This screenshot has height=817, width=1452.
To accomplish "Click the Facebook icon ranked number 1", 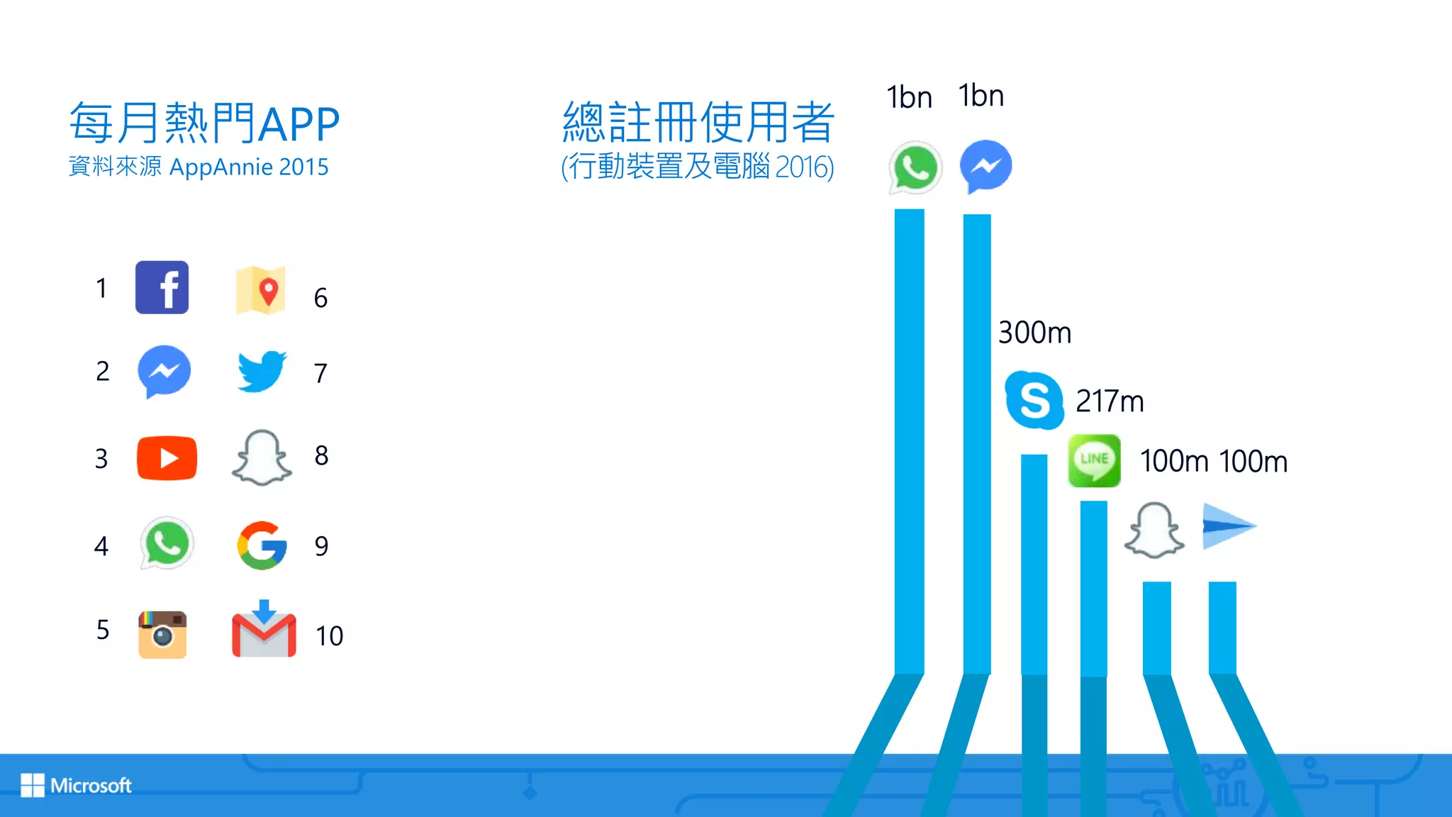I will (x=162, y=287).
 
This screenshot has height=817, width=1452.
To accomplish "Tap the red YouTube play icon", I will (x=167, y=458).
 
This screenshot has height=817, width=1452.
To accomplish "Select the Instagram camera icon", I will (x=162, y=634).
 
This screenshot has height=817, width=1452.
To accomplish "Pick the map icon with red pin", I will (x=261, y=290).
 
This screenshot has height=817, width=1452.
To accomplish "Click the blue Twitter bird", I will (x=262, y=371).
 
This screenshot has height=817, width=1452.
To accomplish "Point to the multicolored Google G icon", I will (x=262, y=545).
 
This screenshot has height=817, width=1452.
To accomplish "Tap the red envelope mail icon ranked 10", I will (x=264, y=630).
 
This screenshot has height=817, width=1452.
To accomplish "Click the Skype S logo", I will (x=1034, y=400).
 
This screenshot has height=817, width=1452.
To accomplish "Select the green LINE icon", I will (x=1094, y=460).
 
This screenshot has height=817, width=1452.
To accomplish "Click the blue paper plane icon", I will (x=1229, y=526).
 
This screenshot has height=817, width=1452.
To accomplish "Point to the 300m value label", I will (x=1034, y=333).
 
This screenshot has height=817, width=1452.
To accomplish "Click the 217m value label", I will (x=1110, y=401).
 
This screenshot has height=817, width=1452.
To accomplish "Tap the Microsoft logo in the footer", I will (x=77, y=785).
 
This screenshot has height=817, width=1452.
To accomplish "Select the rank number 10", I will (x=329, y=636).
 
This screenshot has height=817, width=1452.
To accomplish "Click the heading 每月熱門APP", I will (x=204, y=123).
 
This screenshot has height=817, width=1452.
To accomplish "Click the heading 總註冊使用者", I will (x=698, y=122).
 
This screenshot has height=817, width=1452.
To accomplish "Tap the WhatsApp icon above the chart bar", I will (x=915, y=167).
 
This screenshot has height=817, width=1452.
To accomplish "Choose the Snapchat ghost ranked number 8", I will (x=262, y=457).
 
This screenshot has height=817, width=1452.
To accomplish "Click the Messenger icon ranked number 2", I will (x=164, y=371).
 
